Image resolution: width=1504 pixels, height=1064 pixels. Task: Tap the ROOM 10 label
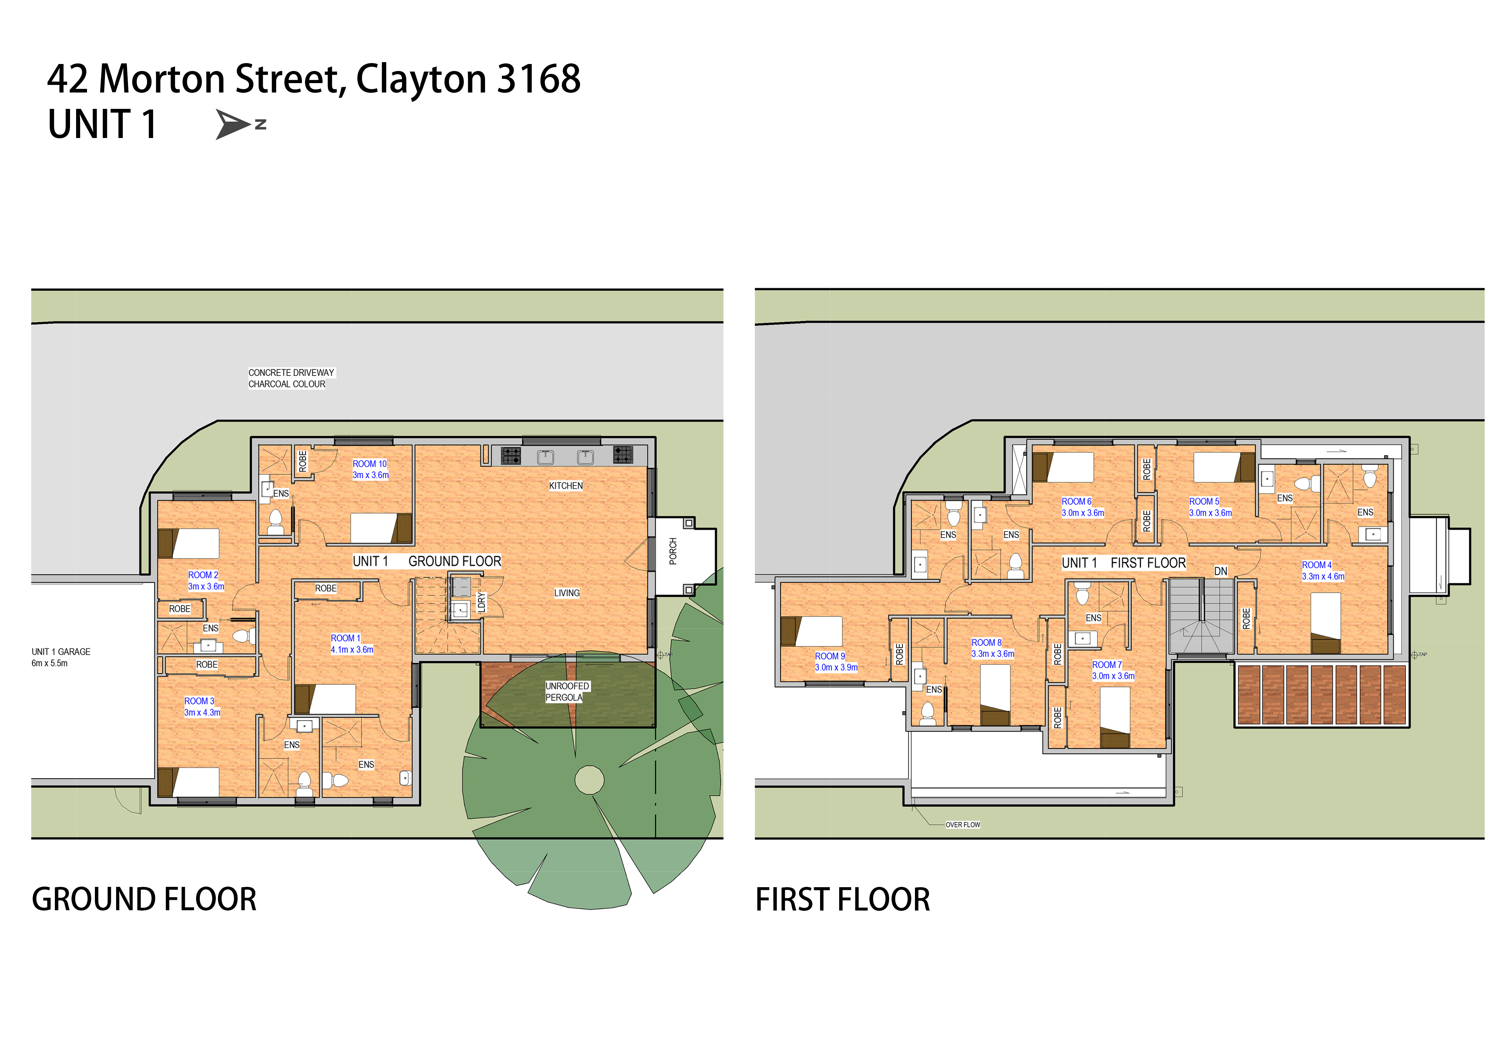(370, 464)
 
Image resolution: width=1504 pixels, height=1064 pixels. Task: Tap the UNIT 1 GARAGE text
(61, 652)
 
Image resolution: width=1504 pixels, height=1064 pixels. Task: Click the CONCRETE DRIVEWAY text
(291, 373)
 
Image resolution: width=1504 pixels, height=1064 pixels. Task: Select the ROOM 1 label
(345, 638)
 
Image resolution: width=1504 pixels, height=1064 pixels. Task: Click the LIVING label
(567, 593)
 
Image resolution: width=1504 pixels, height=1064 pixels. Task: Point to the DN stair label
(1220, 571)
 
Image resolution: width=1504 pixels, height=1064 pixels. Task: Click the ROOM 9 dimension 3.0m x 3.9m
(836, 668)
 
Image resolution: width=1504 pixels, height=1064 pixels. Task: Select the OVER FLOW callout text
(963, 825)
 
